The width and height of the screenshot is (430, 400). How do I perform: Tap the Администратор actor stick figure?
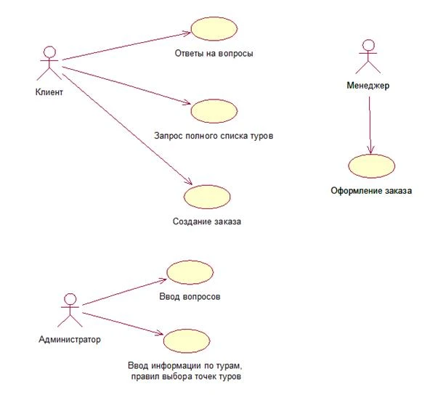70,311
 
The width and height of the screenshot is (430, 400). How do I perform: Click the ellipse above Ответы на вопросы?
214,29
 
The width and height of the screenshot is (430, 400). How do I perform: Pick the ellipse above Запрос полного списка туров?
214,111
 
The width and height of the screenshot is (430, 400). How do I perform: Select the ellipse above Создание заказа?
207,197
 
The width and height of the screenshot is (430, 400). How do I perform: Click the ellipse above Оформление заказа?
372,166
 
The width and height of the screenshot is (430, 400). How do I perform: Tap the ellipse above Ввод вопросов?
190,272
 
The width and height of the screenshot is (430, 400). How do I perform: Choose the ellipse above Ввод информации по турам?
187,340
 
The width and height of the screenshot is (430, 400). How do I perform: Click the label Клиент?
49,92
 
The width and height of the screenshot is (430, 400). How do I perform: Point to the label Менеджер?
368,86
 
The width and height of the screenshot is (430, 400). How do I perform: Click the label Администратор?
70,340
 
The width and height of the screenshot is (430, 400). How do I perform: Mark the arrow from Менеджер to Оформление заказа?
370,125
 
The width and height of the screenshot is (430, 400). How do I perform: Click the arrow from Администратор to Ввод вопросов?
124,292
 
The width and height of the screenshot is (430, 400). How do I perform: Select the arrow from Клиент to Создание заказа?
127,128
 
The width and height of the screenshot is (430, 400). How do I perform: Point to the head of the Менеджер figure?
368,45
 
